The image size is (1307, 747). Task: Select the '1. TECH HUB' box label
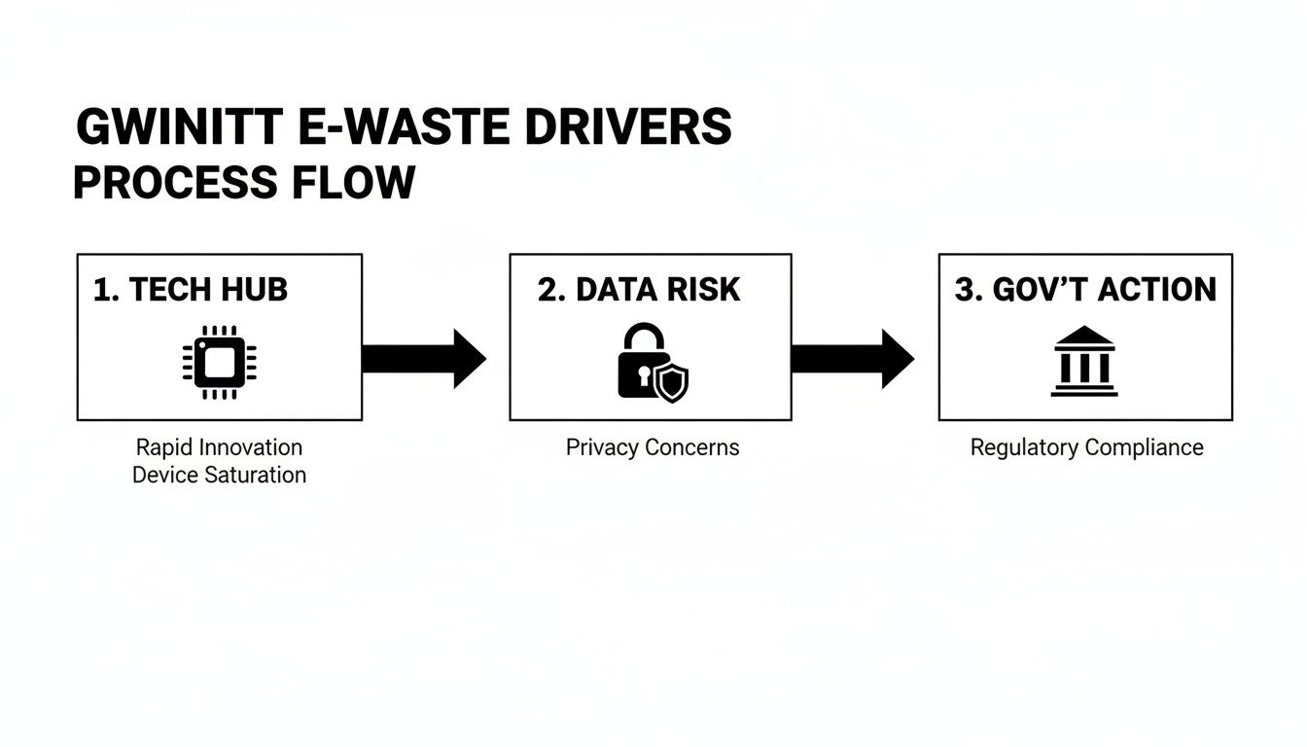click(x=191, y=290)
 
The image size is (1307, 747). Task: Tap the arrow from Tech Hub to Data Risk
click(x=423, y=358)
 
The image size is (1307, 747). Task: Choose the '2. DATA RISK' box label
click(x=639, y=290)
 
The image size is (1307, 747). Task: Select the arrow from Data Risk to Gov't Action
click(x=852, y=358)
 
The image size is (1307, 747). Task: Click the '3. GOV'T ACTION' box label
click(x=1085, y=290)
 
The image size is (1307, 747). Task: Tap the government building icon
click(x=1084, y=362)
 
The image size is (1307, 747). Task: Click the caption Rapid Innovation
click(x=219, y=447)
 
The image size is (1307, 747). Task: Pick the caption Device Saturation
click(x=219, y=475)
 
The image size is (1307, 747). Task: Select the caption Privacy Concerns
click(x=653, y=447)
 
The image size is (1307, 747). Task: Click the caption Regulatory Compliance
click(x=1086, y=447)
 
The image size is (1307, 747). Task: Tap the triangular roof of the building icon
click(x=1084, y=337)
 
